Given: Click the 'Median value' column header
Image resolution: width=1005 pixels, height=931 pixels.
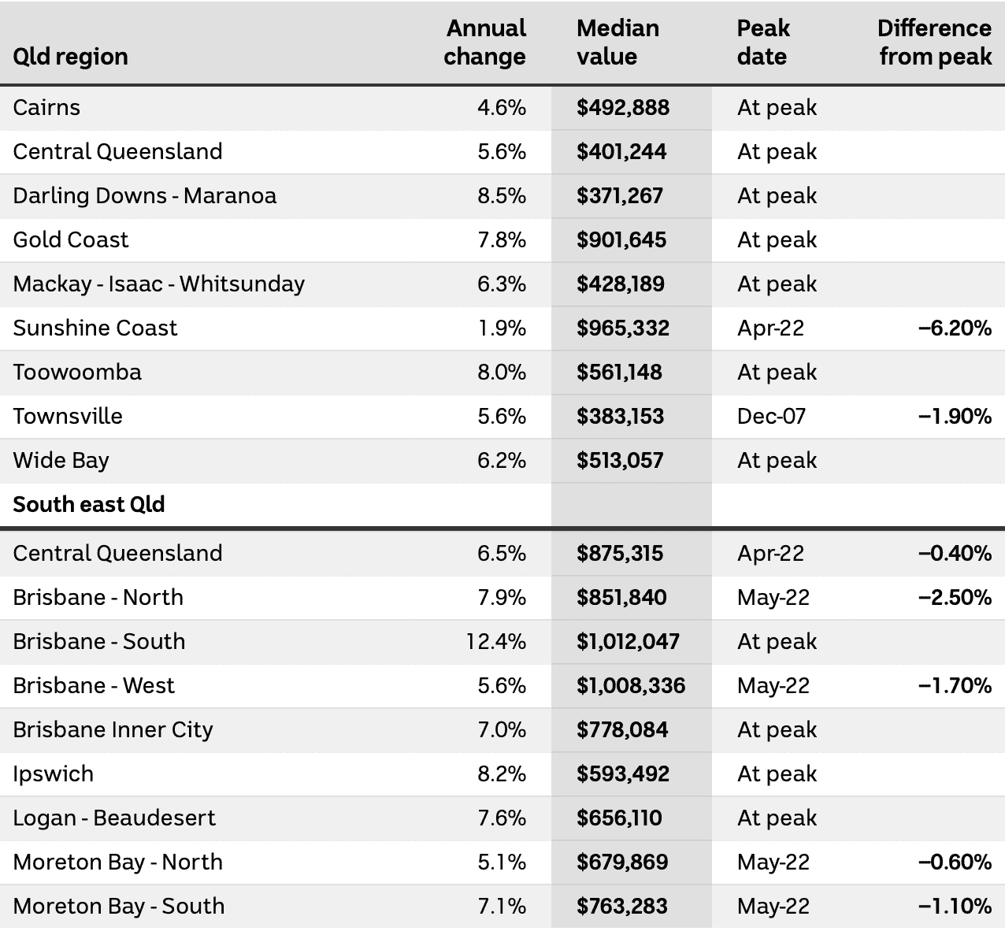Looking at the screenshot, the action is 617,42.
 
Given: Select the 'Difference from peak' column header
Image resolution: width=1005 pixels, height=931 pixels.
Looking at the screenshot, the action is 935,42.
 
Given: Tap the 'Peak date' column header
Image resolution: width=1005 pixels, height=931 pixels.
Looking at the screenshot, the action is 763,42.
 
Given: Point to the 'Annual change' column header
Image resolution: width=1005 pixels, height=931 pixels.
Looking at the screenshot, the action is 485,42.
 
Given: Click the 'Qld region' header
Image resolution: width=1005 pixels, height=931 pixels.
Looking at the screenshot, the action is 70,57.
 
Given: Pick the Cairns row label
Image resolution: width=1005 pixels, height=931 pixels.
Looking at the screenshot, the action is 46,108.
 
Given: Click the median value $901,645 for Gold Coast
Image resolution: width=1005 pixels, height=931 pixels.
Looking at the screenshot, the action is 621,240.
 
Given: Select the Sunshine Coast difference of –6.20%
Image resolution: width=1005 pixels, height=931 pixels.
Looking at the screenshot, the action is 955,328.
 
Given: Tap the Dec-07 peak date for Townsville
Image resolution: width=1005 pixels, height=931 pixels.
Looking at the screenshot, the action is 771,416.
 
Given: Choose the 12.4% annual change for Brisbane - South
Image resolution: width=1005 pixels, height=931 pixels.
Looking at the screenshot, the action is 496,641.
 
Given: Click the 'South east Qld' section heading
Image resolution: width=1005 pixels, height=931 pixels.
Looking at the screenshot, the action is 89,504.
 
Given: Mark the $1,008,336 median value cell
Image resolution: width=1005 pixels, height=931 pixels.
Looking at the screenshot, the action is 631,685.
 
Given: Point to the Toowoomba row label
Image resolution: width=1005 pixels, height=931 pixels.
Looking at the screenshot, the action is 77,372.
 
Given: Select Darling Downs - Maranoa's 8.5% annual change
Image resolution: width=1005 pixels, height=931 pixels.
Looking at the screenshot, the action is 502,196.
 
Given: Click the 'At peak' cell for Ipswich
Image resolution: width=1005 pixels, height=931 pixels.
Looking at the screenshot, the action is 777,773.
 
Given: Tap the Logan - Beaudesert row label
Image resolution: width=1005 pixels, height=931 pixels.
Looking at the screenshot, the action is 114,818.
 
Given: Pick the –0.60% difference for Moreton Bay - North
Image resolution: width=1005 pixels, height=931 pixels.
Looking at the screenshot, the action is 955,862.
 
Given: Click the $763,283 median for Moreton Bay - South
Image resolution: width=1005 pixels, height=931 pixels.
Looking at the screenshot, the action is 622,907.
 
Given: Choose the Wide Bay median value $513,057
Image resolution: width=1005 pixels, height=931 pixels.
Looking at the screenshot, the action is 620,460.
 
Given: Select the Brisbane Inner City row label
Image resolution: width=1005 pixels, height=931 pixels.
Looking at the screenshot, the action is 113,730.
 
